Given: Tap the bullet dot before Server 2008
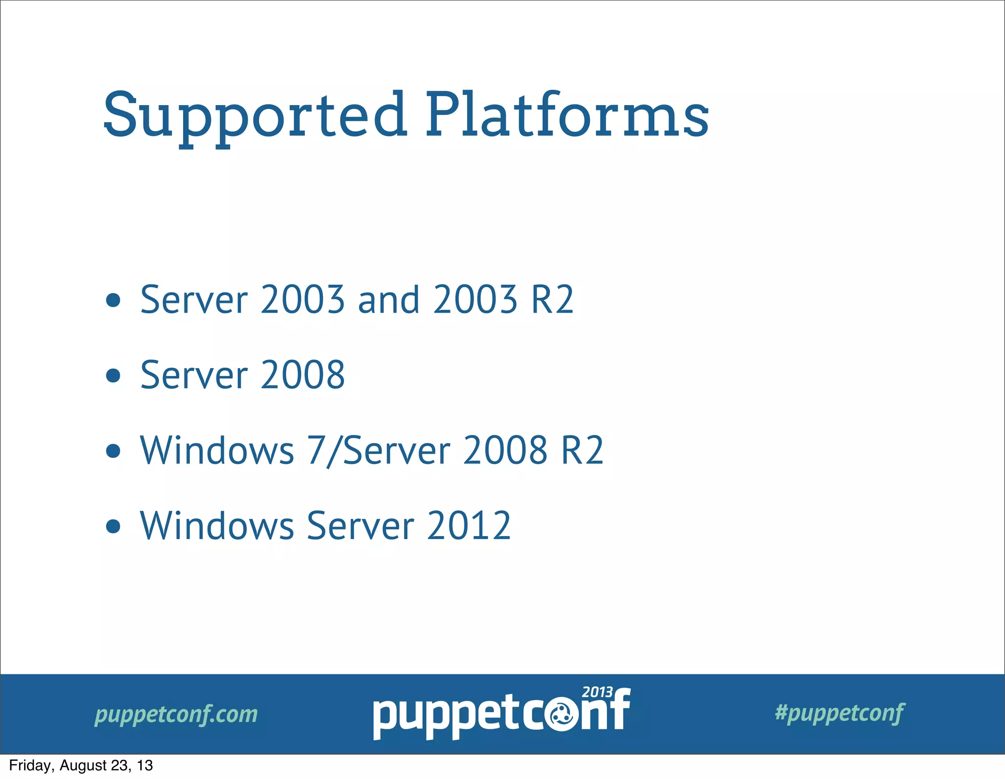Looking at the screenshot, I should (x=113, y=376).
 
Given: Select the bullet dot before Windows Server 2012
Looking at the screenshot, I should (x=113, y=526).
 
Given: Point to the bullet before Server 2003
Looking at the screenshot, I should (x=113, y=300).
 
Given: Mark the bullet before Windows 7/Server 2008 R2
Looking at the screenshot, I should (x=113, y=451).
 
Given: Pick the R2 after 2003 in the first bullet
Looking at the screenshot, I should (x=552, y=299).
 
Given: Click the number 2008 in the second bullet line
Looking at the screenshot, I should (x=303, y=375).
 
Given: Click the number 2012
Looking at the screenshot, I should (x=469, y=526).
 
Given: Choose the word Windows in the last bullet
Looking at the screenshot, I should (x=217, y=526).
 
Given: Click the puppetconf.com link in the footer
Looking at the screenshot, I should (x=176, y=715).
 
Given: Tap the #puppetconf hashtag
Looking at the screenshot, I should (x=839, y=713).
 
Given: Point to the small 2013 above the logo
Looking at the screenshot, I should (x=597, y=693).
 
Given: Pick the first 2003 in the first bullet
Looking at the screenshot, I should (x=303, y=299).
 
